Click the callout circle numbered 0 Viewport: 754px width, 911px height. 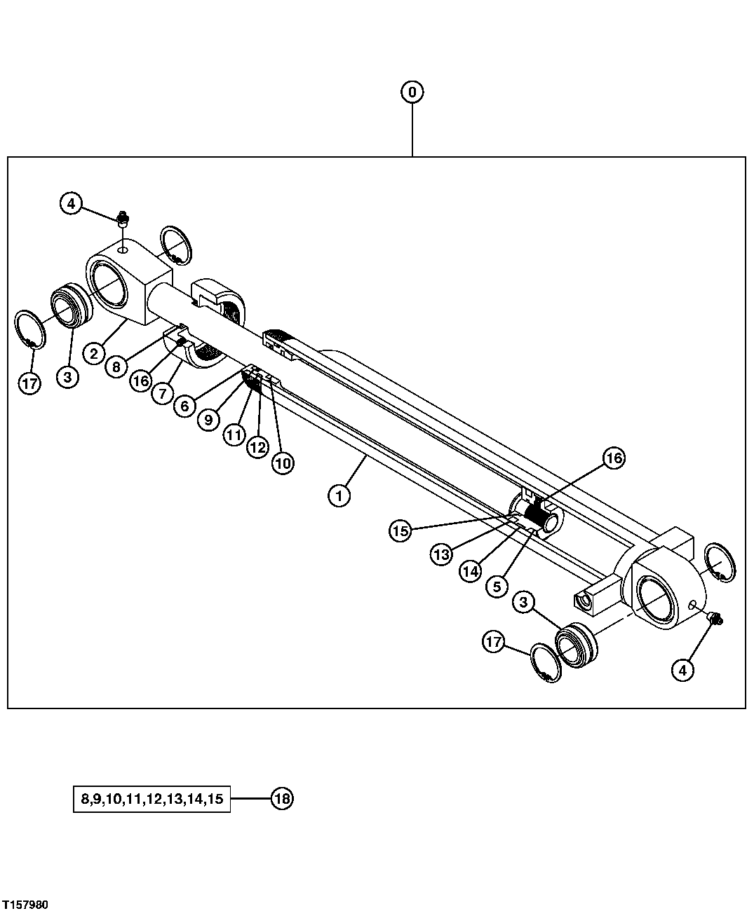coord(412,92)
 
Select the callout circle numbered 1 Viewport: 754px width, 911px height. coord(339,496)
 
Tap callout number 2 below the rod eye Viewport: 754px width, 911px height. coord(94,352)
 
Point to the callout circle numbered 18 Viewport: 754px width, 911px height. coord(281,799)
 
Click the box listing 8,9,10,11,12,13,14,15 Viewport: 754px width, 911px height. coord(152,799)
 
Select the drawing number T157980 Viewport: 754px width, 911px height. coord(25,905)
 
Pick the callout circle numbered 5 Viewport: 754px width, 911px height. coord(497,586)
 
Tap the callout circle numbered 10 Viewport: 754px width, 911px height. coord(283,463)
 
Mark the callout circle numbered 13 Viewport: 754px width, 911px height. coord(440,554)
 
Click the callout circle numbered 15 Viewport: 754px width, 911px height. coord(400,531)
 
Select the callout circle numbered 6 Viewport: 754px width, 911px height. coord(184,406)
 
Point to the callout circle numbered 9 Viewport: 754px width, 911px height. coord(208,419)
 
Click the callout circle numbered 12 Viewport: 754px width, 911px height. coord(257,446)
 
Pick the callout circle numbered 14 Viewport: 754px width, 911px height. coord(470,571)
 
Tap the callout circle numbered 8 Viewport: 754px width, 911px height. coord(116,367)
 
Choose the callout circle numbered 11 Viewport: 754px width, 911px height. coord(234,434)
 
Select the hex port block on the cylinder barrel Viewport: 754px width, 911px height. coord(585,601)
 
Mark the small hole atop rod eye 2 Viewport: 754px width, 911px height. coord(123,249)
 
